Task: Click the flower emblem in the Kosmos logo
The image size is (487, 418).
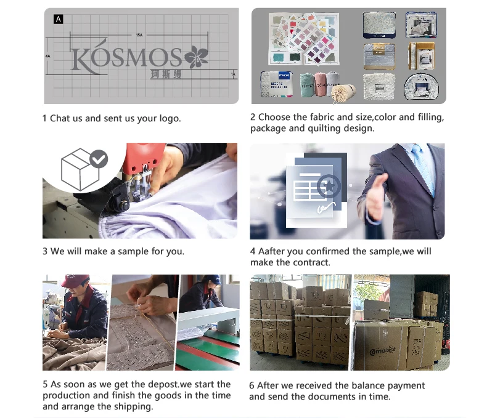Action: point(196,57)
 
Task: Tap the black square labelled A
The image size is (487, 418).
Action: point(59,19)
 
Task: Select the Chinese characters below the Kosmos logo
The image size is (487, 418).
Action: point(166,74)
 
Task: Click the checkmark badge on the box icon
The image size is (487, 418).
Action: point(99,159)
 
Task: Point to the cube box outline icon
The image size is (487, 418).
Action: point(80,170)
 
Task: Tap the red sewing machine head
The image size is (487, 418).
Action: point(144,158)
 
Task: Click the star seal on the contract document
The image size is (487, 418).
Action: point(329,187)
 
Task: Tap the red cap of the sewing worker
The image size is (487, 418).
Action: point(75,280)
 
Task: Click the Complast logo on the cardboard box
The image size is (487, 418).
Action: point(383,351)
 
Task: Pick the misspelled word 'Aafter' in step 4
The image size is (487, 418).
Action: point(272,251)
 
